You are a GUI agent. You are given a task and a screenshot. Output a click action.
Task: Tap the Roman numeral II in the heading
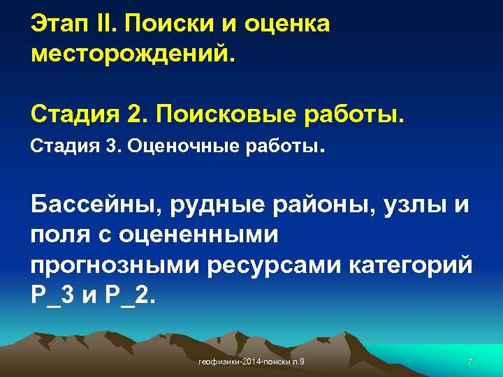[x=110, y=24]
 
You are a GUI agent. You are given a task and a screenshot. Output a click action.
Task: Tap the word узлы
[x=418, y=206]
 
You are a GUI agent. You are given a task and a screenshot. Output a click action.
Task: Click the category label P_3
[x=52, y=295]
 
